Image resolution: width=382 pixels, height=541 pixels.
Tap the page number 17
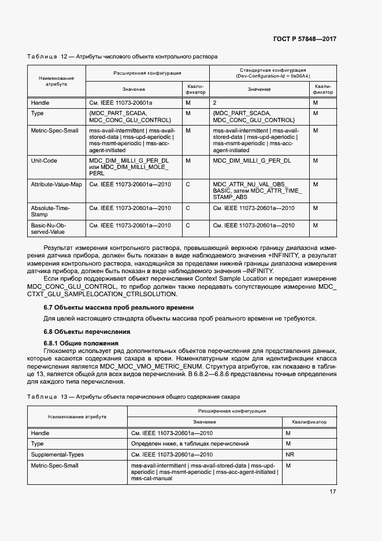point(332,492)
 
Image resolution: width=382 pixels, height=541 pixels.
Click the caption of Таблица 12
point(122,57)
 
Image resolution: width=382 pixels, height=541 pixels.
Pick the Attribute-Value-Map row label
point(56,184)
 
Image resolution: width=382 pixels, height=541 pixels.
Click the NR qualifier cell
point(290,454)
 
